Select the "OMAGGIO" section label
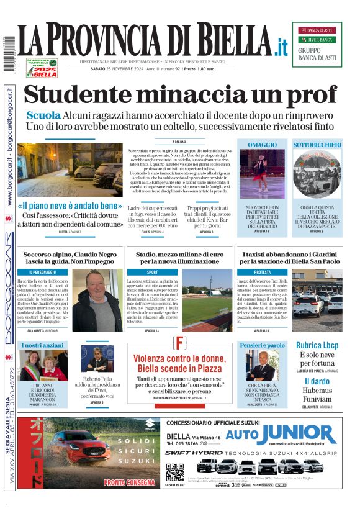click(262, 145)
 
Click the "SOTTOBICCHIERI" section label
click(317, 145)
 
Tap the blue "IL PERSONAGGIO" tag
click(44, 272)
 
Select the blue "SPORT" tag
click(152, 272)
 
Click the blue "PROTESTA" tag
click(262, 272)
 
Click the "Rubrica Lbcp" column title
click(317, 345)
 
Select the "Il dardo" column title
click(317, 381)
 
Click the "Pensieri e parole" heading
click(262, 345)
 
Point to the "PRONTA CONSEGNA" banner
click(130, 482)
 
